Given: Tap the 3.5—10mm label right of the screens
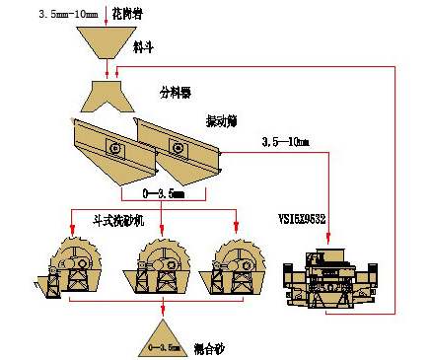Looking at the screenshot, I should (x=287, y=145).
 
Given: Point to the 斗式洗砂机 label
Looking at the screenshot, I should (x=118, y=222).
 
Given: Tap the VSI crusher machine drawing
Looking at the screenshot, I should (x=326, y=279).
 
